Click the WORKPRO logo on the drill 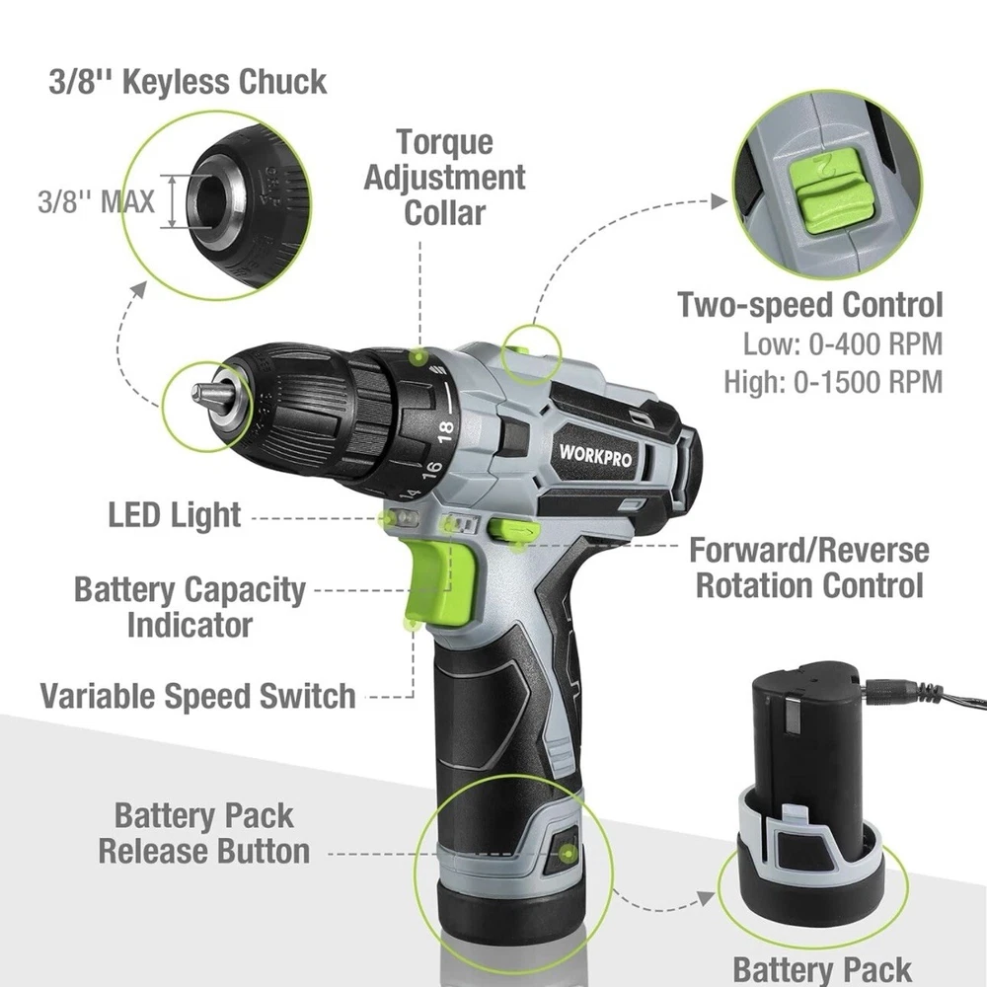point(595,455)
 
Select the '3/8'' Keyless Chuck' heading point(188,82)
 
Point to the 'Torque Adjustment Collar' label point(444,178)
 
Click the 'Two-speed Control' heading point(809,305)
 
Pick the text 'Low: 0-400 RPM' point(843,344)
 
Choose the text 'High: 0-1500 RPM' point(833,381)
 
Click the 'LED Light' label point(175,515)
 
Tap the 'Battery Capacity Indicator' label point(190,607)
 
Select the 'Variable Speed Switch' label point(197,696)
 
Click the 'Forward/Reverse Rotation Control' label point(809,568)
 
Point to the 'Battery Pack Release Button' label point(204,833)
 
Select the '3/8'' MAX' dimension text point(96,201)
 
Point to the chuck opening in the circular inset point(210,201)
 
